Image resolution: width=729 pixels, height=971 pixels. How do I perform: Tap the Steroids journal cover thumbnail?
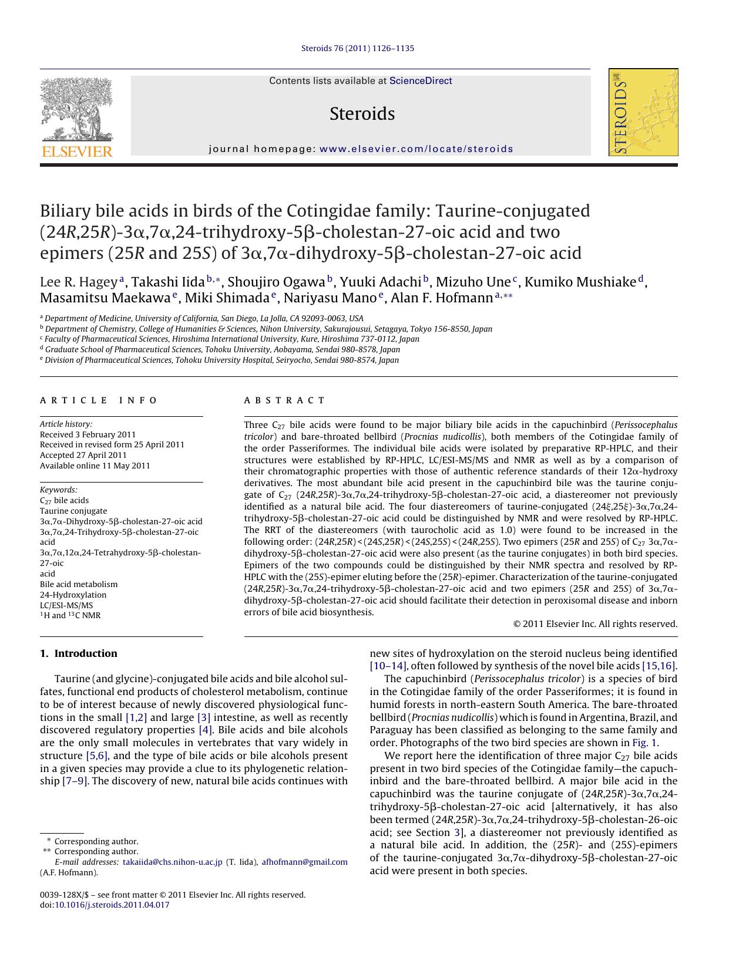point(643,112)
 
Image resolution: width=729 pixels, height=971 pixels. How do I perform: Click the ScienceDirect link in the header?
point(421,81)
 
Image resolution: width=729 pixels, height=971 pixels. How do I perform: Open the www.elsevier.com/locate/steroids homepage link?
point(416,149)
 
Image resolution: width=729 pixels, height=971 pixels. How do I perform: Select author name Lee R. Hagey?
point(79,282)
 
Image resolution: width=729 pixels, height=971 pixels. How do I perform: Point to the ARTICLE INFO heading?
point(99,400)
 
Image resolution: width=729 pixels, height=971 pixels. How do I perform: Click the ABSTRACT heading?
point(284,400)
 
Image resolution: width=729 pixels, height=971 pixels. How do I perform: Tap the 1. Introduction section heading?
point(79,653)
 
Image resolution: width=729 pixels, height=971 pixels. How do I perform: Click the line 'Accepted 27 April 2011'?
point(83,455)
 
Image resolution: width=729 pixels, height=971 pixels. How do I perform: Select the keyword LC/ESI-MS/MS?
point(66,605)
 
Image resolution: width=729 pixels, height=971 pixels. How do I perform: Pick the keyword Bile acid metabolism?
point(79,584)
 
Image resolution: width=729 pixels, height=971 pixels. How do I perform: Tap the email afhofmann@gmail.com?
point(304,862)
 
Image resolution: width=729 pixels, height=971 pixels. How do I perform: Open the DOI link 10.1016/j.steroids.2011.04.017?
point(112,905)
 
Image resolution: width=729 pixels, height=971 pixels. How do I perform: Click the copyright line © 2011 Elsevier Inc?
point(595,624)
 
